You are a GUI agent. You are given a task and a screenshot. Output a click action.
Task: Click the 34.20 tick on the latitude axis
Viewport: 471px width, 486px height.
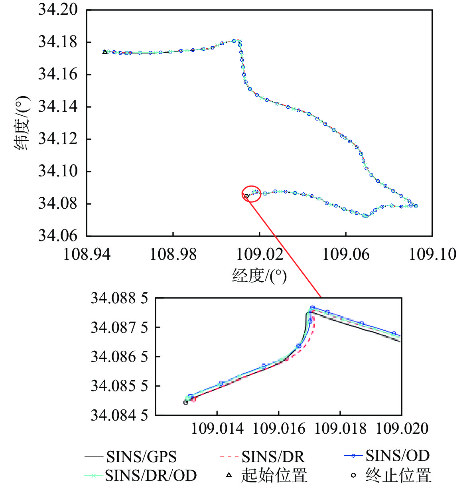(57, 10)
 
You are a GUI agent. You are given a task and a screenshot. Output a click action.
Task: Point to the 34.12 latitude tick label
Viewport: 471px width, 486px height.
(57, 138)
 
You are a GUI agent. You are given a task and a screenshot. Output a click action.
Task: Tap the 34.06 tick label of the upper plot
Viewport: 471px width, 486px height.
(57, 235)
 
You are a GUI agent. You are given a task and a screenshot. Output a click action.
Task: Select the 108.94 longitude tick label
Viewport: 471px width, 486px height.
(87, 254)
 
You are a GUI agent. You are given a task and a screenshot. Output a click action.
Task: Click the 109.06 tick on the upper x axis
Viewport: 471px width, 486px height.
(346, 254)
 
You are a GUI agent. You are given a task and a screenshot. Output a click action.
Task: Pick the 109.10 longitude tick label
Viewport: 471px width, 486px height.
(433, 254)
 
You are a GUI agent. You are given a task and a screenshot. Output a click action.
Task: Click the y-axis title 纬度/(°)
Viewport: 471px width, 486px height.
(22, 122)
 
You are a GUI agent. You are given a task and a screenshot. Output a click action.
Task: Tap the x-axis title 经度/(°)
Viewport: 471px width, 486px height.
(260, 275)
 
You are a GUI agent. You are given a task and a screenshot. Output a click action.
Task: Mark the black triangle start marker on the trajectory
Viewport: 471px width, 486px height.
(105, 52)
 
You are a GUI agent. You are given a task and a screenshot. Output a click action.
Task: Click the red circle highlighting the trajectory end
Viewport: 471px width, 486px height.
(251, 194)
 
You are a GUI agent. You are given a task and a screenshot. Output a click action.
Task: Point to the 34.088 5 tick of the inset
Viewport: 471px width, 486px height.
(119, 298)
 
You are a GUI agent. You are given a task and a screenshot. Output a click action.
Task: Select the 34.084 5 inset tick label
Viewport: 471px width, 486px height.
(119, 415)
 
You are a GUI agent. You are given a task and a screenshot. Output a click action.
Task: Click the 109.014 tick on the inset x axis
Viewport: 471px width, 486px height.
(217, 429)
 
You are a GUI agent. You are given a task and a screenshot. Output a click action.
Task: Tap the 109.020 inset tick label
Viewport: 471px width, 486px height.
(402, 429)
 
